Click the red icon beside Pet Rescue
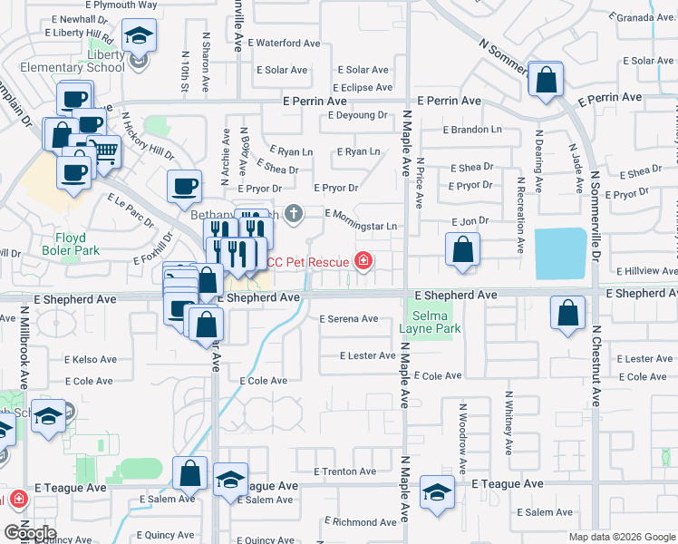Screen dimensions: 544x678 tap(363, 262)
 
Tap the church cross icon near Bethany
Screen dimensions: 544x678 tap(293, 214)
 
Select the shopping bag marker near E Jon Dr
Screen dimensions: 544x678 tap(462, 250)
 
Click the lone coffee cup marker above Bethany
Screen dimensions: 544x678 tap(185, 186)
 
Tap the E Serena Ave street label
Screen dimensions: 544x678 tap(349, 318)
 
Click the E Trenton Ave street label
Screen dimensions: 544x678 tap(344, 471)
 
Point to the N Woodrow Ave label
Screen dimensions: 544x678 tap(462, 436)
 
